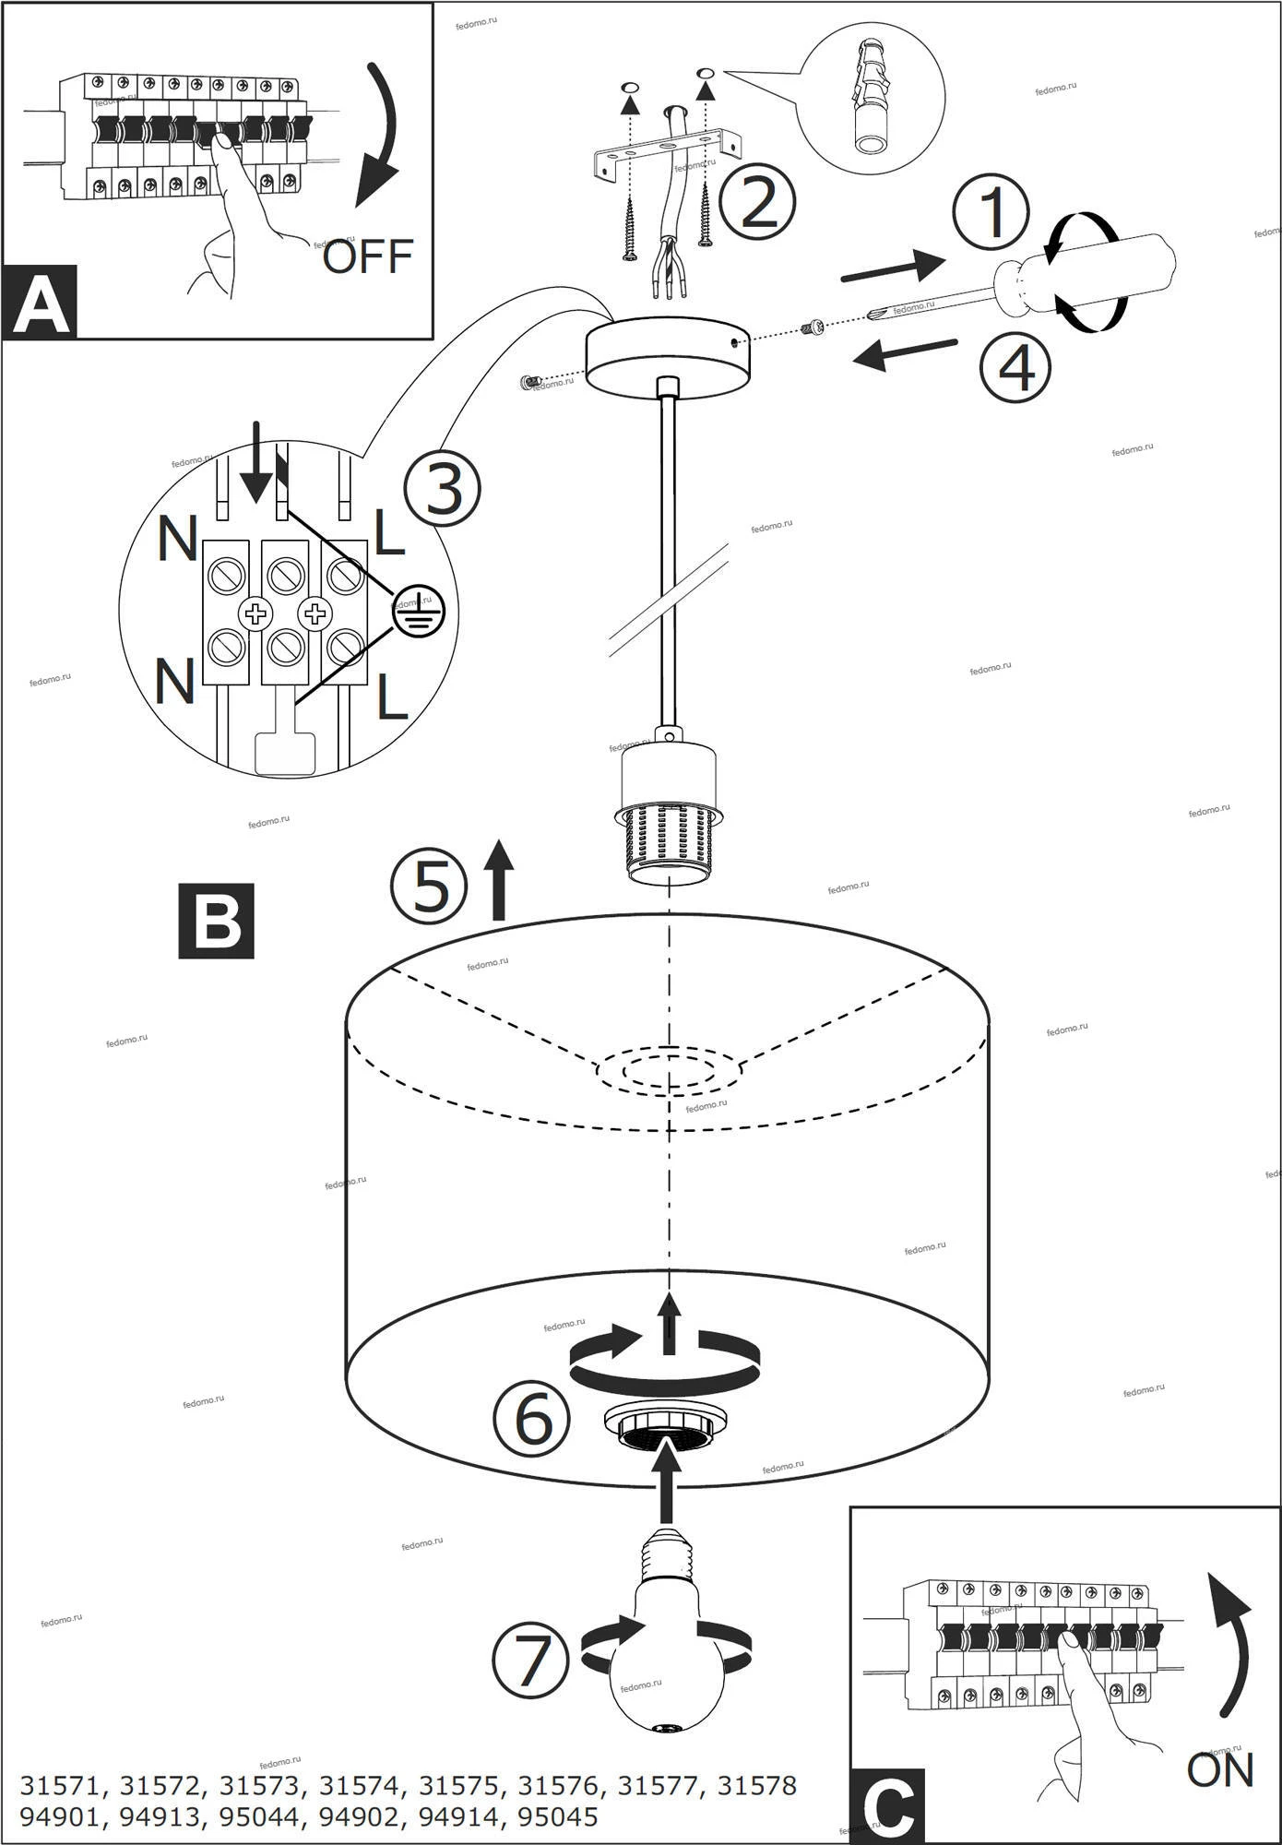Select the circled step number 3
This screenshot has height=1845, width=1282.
point(443,489)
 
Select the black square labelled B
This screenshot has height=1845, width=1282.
point(216,921)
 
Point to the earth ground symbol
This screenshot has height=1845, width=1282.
point(417,613)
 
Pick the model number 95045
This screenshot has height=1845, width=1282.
point(557,1816)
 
